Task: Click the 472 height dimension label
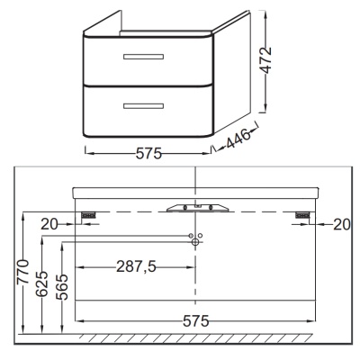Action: point(265,60)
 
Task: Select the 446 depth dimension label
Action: point(238,139)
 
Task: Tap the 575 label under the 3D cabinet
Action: point(148,154)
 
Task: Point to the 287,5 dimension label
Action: point(136,266)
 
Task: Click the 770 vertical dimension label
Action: point(23,272)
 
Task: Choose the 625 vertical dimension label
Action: point(42,283)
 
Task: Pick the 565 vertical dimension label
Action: point(62,287)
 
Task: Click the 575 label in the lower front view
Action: point(196,321)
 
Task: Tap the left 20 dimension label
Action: point(49,224)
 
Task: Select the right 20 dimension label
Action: point(342,224)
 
